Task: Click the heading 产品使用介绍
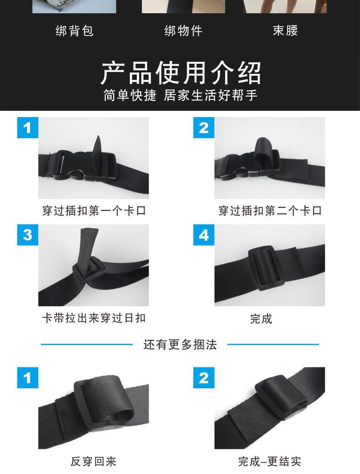[180, 72]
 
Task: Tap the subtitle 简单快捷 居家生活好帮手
[180, 95]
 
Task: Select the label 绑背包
[74, 31]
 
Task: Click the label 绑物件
[183, 31]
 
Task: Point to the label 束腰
[285, 31]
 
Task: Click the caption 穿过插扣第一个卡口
[94, 211]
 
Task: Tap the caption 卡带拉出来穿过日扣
[94, 318]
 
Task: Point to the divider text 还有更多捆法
[180, 345]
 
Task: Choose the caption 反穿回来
[93, 461]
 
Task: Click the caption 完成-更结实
[270, 461]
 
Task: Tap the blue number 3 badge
[28, 235]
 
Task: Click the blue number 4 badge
[204, 235]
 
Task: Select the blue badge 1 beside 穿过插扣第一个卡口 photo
[28, 128]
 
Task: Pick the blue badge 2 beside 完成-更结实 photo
[204, 378]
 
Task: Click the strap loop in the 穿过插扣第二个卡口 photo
[265, 150]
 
